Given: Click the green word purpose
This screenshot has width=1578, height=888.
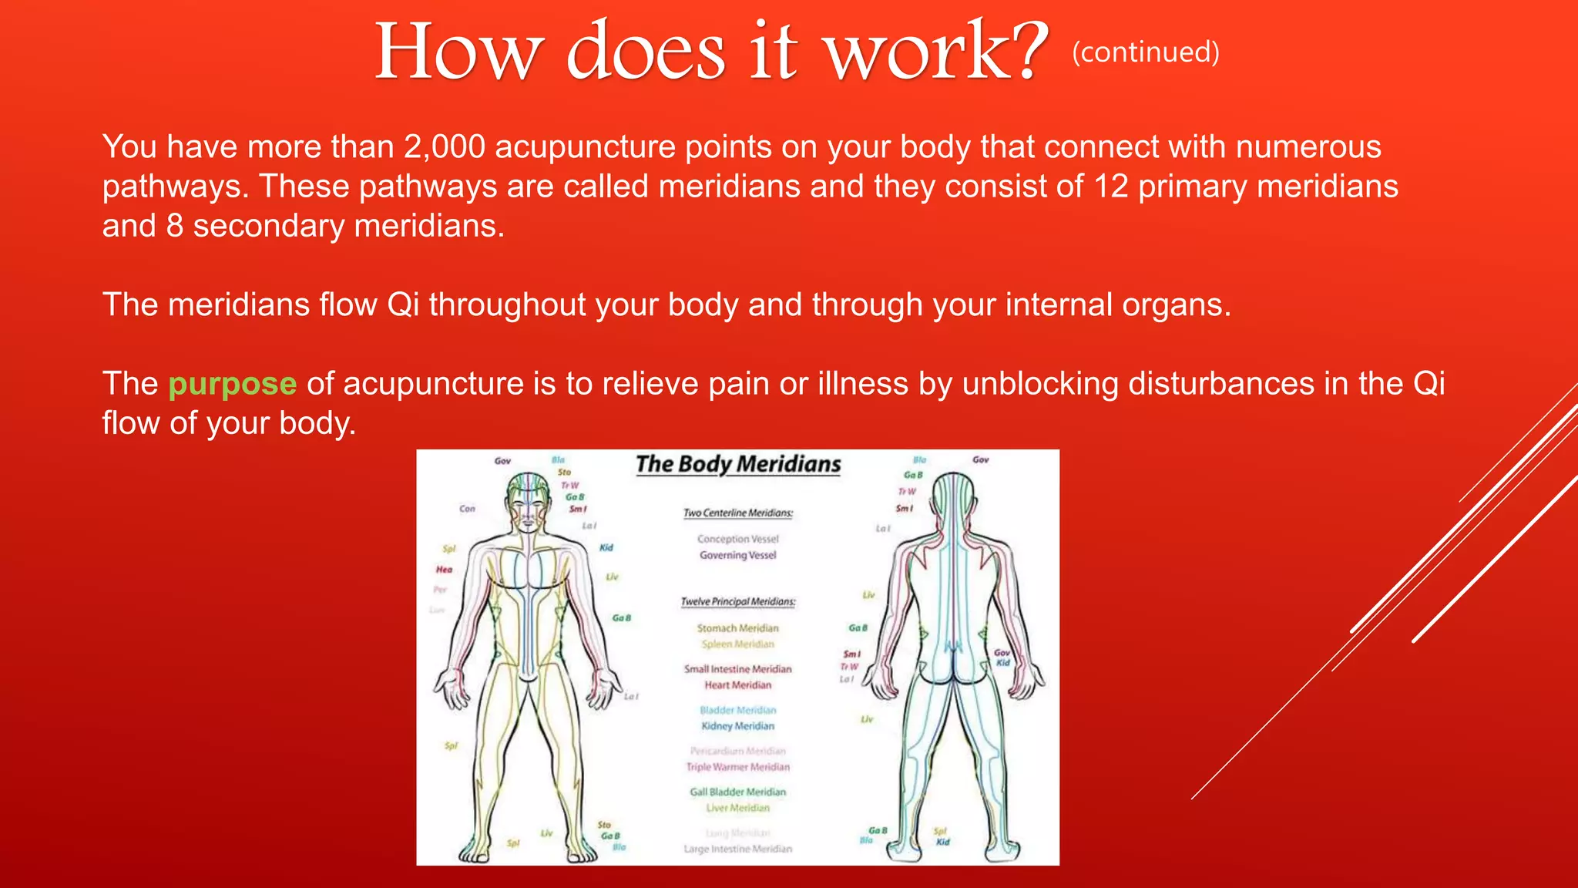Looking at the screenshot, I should (x=232, y=384).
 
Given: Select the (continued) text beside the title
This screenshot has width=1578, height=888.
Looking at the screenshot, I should (x=1145, y=52).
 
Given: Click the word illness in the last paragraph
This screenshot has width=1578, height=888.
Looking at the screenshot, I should (x=863, y=384).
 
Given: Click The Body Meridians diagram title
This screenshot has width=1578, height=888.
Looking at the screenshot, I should (x=738, y=464).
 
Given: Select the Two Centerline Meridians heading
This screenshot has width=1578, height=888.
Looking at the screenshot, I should (x=738, y=513).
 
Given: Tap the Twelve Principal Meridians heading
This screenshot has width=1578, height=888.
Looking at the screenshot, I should (x=738, y=601).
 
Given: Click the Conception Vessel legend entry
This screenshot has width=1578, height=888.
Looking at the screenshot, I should (x=738, y=539).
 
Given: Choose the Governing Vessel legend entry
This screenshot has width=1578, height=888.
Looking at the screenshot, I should (x=738, y=555).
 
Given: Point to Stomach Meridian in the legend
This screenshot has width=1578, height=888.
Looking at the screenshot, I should (x=738, y=628).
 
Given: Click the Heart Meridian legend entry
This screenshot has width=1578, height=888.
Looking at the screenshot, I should (x=738, y=684).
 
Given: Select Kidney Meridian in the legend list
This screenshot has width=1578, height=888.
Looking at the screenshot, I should (x=738, y=726).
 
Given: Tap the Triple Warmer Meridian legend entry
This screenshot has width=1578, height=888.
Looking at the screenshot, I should (x=738, y=767).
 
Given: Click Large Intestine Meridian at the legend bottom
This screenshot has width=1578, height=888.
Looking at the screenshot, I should (x=738, y=849).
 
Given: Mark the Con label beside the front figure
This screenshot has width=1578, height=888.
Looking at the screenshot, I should (x=467, y=509).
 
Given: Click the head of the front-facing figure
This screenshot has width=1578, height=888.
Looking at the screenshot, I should (x=528, y=502).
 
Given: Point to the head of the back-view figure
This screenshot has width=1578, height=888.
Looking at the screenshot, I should (x=953, y=499).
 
